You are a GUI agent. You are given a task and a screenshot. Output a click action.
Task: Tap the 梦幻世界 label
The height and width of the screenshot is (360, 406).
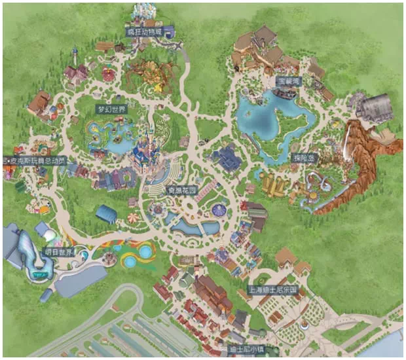click(111, 109)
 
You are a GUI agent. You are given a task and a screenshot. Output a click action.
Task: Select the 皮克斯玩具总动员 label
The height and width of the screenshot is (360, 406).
click(32, 160)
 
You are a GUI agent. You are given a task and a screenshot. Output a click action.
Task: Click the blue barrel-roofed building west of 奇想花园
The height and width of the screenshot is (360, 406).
click(106, 213)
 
